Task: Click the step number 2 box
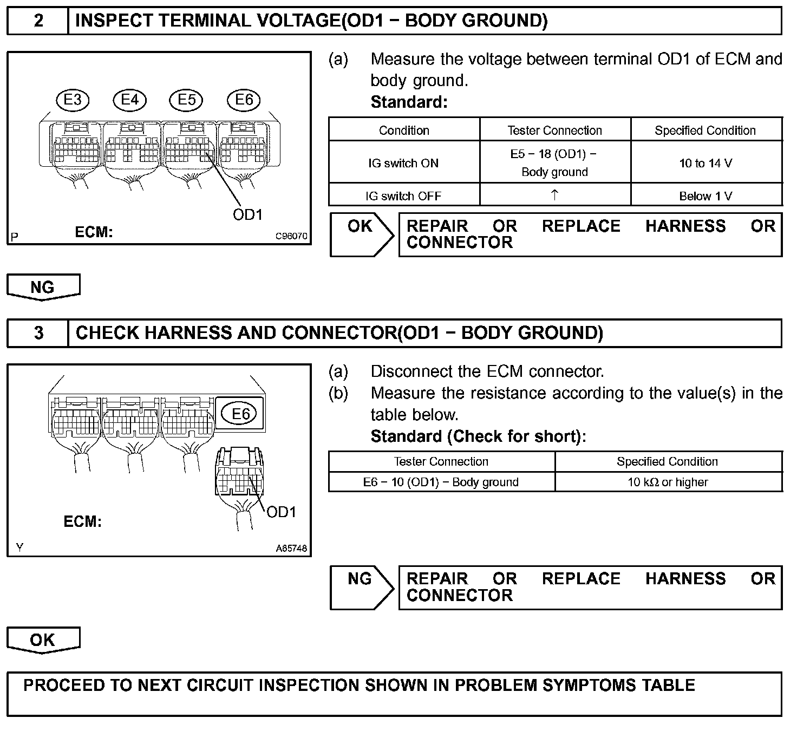(x=38, y=21)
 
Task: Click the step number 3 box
(x=38, y=333)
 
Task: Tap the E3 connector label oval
(x=73, y=100)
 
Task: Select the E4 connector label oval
(x=129, y=100)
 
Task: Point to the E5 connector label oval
(x=186, y=100)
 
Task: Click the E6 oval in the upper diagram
(x=244, y=100)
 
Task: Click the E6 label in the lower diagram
(x=240, y=414)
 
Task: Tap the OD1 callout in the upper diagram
(x=247, y=215)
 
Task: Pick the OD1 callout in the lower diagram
(x=282, y=512)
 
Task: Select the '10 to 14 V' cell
(x=706, y=163)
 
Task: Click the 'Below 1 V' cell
(x=706, y=196)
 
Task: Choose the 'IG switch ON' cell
(x=403, y=163)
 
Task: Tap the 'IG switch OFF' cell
(x=403, y=196)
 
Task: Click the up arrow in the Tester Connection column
(x=554, y=195)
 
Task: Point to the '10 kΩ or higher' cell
(x=668, y=482)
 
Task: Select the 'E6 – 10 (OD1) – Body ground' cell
(x=441, y=482)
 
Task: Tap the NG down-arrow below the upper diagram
(x=43, y=287)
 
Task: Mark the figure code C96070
(x=291, y=236)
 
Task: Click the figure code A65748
(x=291, y=548)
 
